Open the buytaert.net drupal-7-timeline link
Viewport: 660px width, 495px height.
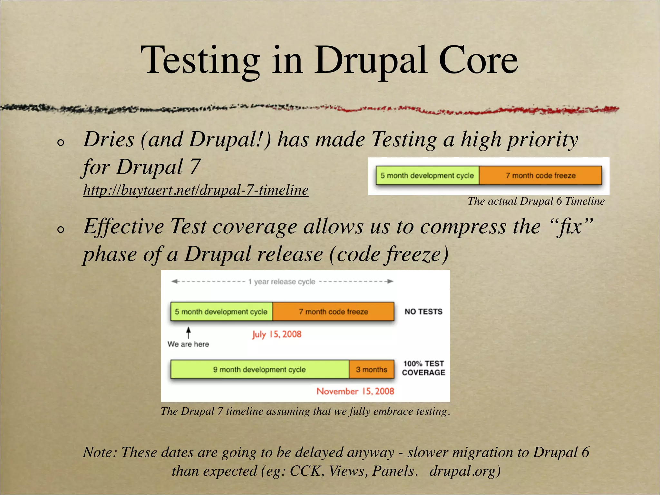pyautogui.click(x=196, y=190)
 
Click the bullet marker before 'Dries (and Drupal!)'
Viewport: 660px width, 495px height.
pyautogui.click(x=60, y=142)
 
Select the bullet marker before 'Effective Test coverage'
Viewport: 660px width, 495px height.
pyautogui.click(x=60, y=229)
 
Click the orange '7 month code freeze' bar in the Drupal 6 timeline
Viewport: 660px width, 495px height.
pyautogui.click(x=540, y=175)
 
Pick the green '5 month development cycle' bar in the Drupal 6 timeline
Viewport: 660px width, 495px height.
pyautogui.click(x=427, y=175)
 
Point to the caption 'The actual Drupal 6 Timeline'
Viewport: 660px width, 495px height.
pyautogui.click(x=536, y=201)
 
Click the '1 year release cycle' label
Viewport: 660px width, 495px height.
pyautogui.click(x=282, y=282)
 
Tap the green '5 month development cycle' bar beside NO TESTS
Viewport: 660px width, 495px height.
pyautogui.click(x=221, y=312)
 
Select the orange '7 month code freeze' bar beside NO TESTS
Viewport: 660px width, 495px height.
pyautogui.click(x=333, y=312)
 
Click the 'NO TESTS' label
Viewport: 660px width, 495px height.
pyautogui.click(x=423, y=312)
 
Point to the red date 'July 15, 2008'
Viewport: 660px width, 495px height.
pyautogui.click(x=277, y=334)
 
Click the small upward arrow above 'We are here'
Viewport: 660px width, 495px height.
pyautogui.click(x=189, y=332)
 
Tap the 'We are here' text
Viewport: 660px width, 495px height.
pyautogui.click(x=188, y=344)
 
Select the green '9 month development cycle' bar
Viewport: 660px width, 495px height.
pyautogui.click(x=259, y=369)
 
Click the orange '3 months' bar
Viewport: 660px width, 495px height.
pyautogui.click(x=371, y=369)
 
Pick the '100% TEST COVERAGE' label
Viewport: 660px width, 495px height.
pyautogui.click(x=423, y=368)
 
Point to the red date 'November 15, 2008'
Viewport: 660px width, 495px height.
pyautogui.click(x=355, y=391)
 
